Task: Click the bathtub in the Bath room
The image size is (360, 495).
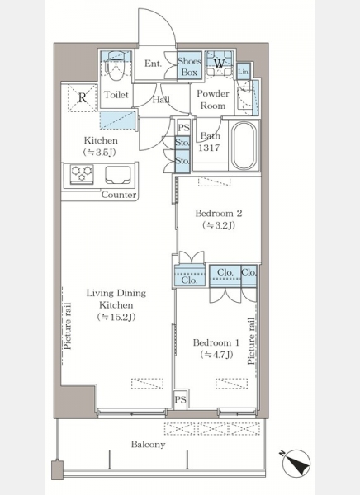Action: (x=244, y=145)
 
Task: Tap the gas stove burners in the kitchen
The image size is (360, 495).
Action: (x=82, y=173)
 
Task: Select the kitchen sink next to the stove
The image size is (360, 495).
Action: (x=118, y=175)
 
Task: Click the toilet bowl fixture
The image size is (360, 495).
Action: (x=115, y=67)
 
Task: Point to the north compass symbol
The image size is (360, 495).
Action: (x=296, y=463)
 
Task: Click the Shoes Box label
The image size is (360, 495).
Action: (x=189, y=67)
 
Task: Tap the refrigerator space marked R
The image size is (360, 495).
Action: (x=83, y=98)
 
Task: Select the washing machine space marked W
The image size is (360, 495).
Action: (x=219, y=64)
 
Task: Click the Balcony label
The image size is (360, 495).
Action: (x=149, y=445)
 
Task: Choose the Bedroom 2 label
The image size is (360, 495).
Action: (x=219, y=214)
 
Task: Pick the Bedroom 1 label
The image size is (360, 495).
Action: (x=216, y=343)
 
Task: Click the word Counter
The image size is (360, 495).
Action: (x=119, y=195)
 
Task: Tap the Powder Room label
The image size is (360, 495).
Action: (x=213, y=100)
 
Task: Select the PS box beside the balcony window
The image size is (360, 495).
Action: (x=181, y=400)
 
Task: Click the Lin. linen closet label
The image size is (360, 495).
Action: (x=244, y=72)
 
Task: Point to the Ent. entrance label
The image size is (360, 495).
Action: (x=154, y=64)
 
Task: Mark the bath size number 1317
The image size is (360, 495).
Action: (x=209, y=148)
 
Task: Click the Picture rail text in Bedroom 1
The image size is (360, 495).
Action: (x=252, y=342)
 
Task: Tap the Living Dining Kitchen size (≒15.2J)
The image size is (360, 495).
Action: (x=116, y=317)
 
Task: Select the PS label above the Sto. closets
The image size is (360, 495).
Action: (x=183, y=128)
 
